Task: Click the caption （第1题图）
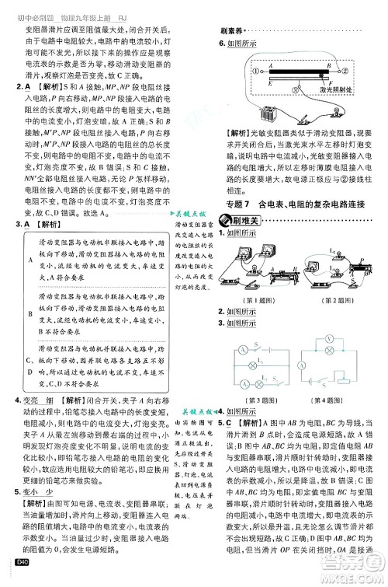[247, 300]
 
